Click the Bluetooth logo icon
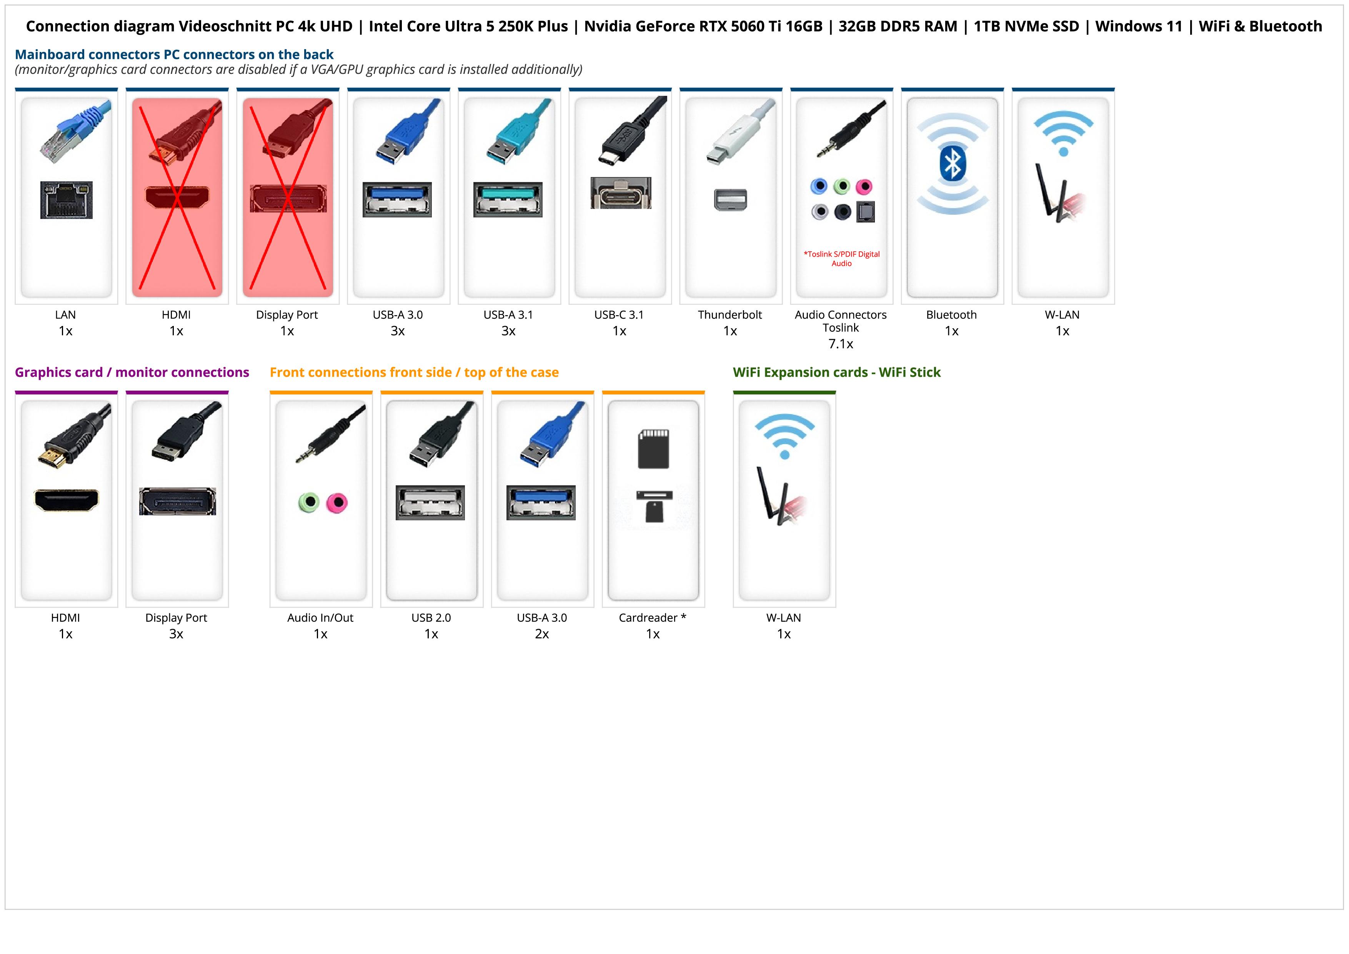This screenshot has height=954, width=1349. tap(953, 164)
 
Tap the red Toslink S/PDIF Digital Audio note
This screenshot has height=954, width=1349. tap(841, 259)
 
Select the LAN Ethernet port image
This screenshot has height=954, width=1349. tap(67, 200)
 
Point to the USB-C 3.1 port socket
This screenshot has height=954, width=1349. tap(621, 193)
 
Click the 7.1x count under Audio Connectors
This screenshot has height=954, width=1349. tap(841, 344)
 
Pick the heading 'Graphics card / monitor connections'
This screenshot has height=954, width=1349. tap(132, 372)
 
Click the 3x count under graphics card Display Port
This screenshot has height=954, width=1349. tap(176, 634)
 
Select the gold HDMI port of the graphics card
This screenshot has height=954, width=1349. tap(67, 500)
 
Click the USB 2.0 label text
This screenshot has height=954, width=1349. tap(431, 618)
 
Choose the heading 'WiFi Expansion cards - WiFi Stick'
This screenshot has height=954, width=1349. tap(837, 372)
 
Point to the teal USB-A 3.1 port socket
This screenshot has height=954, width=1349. tap(508, 200)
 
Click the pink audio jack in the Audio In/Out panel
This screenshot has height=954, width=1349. tap(336, 503)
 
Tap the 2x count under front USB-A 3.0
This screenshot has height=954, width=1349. tap(542, 634)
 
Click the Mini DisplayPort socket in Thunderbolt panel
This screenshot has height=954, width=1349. tap(730, 199)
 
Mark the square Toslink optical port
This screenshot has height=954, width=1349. tap(866, 212)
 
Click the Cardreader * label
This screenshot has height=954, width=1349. tap(652, 618)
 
